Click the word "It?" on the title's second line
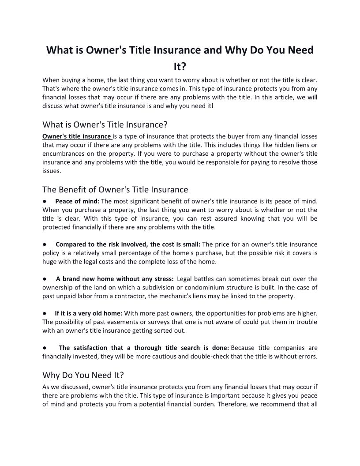(x=180, y=66)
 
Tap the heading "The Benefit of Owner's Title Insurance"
(x=115, y=189)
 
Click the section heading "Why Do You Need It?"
(x=83, y=375)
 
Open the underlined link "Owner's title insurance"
(x=77, y=136)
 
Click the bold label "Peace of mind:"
(x=78, y=201)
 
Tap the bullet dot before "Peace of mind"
(x=45, y=201)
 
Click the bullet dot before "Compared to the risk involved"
(x=45, y=244)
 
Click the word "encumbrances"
(x=62, y=153)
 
